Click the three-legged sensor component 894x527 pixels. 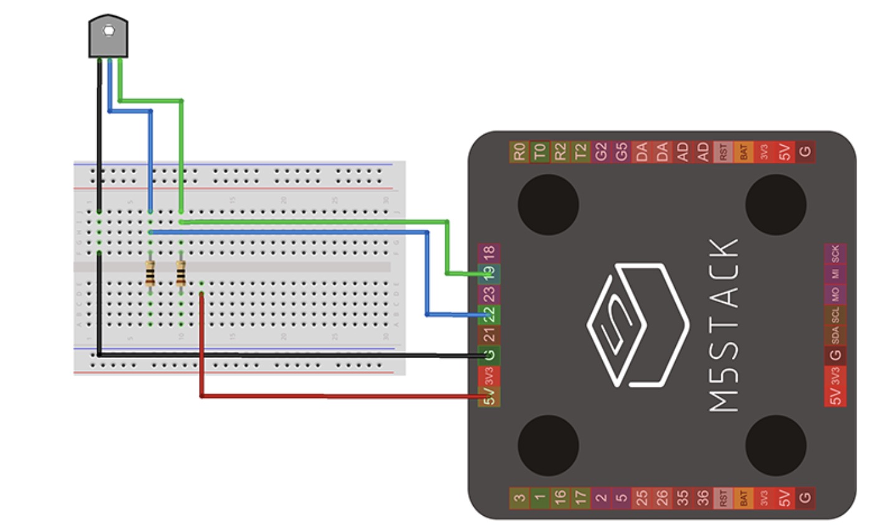tap(108, 36)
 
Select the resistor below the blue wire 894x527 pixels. tap(150, 273)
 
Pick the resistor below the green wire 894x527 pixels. tap(181, 273)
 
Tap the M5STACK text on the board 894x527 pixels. tap(724, 325)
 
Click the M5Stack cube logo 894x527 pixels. tap(637, 323)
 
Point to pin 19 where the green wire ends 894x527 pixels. tap(489, 273)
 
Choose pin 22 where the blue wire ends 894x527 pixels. tap(489, 314)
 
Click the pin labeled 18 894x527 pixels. tap(489, 253)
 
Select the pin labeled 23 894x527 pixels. tap(489, 293)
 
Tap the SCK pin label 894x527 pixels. tap(835, 253)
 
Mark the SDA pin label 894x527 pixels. tap(835, 335)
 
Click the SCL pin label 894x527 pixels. tap(835, 314)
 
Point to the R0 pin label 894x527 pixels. tap(519, 151)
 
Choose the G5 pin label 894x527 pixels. tap(621, 151)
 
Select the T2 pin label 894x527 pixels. tap(580, 151)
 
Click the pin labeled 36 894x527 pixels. tap(703, 497)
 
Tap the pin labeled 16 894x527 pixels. tap(560, 497)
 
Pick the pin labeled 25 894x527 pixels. tap(642, 497)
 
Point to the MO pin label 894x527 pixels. tap(835, 293)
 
